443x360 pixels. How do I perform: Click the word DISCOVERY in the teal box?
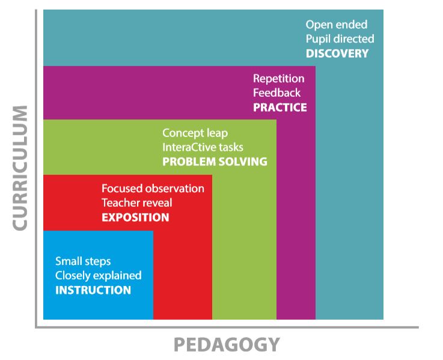tap(337, 53)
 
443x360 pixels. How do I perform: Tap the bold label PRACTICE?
tap(280, 108)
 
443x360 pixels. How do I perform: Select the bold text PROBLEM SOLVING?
tap(215, 162)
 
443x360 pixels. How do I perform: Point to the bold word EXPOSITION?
tap(135, 217)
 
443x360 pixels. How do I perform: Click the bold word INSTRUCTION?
tap(93, 290)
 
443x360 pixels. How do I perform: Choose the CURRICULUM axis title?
tap(19, 168)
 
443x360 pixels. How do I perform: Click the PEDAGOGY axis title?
tap(227, 345)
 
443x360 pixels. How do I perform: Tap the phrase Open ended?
tap(336, 25)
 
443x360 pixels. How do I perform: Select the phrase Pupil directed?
tap(340, 39)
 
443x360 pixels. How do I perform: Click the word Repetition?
tap(278, 79)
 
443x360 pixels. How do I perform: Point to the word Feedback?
tap(276, 93)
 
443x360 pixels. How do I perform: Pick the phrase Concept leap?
tap(195, 133)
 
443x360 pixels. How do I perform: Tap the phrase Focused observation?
tap(153, 188)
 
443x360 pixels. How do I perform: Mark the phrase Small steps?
tap(83, 261)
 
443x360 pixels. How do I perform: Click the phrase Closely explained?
tap(99, 276)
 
